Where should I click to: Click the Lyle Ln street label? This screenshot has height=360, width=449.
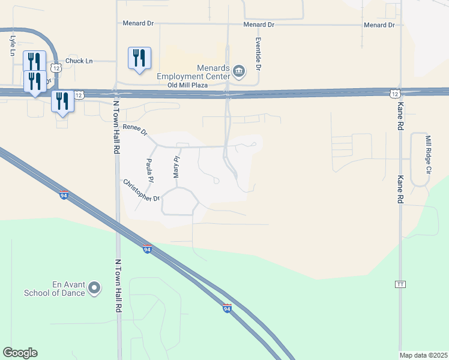tap(12, 46)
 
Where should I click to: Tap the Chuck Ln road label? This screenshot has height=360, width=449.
tap(79, 61)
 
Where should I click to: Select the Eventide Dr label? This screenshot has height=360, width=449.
tap(259, 53)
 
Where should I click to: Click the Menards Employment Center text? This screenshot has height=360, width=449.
tap(194, 72)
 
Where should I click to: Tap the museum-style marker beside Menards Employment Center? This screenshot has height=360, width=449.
tap(239, 71)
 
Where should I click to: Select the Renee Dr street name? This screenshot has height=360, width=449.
tap(135, 130)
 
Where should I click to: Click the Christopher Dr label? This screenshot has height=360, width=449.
tap(141, 191)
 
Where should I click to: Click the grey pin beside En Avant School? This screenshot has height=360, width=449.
tap(94, 289)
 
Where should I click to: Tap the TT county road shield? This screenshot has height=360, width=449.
tap(399, 284)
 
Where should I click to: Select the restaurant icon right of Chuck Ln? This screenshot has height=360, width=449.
tap(139, 59)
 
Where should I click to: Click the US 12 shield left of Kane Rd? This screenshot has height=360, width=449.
tap(394, 94)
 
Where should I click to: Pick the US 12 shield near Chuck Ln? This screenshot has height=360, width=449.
tap(56, 68)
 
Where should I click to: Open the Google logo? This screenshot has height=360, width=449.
tap(20, 353)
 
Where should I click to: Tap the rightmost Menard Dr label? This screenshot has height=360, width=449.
tap(379, 25)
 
